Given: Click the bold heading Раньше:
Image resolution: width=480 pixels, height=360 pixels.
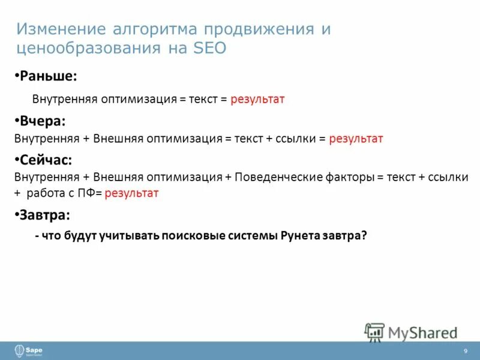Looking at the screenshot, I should [x=49, y=76].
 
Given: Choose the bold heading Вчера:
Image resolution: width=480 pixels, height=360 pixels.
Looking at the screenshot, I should [x=42, y=121].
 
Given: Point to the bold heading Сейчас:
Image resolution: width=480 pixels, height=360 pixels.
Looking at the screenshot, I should [x=46, y=160].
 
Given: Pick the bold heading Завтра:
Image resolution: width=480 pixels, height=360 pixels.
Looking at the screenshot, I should [x=46, y=214].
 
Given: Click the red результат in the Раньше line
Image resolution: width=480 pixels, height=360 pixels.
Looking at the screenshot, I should [x=257, y=99].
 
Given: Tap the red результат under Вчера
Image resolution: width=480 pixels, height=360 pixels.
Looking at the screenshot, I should [x=355, y=139].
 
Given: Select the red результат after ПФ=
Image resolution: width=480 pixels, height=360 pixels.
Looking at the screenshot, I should [x=131, y=193].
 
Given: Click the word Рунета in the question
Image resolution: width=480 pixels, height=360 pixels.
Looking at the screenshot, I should [x=299, y=236].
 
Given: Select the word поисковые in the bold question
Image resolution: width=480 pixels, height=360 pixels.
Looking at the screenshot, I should [x=199, y=236].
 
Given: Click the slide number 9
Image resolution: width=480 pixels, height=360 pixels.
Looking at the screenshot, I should [x=465, y=351].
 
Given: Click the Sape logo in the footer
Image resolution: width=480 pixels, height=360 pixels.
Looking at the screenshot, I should [x=28, y=350].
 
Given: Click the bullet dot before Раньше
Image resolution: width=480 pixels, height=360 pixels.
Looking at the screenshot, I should [x=17, y=77].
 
